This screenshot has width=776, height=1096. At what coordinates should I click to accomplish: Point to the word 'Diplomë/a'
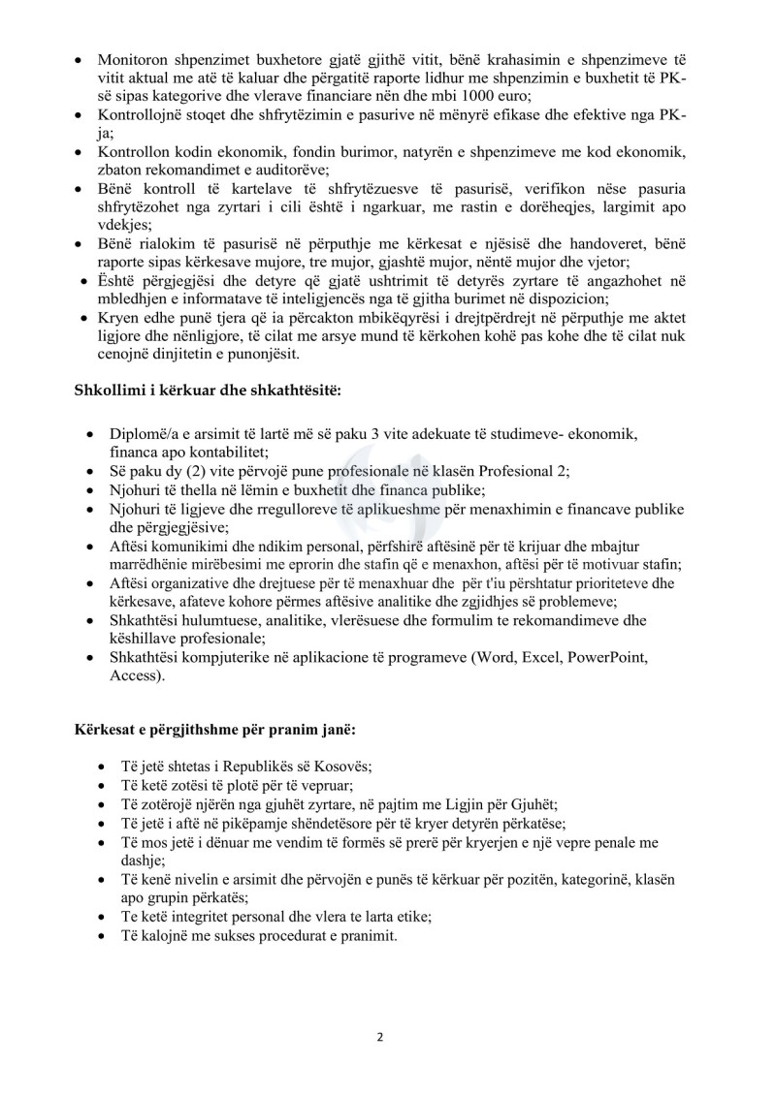click(x=144, y=432)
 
